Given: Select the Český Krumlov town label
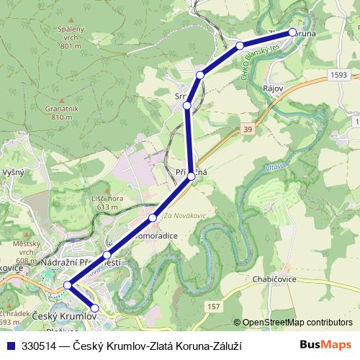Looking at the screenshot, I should point(64,317).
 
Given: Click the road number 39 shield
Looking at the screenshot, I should point(247,128).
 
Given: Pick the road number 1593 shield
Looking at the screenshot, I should point(341,74).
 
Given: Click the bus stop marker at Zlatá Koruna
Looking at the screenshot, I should point(292,32).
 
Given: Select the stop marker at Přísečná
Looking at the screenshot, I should point(192,176).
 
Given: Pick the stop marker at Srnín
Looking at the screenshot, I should point(187,106).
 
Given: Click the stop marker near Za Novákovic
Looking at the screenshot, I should point(153,217).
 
